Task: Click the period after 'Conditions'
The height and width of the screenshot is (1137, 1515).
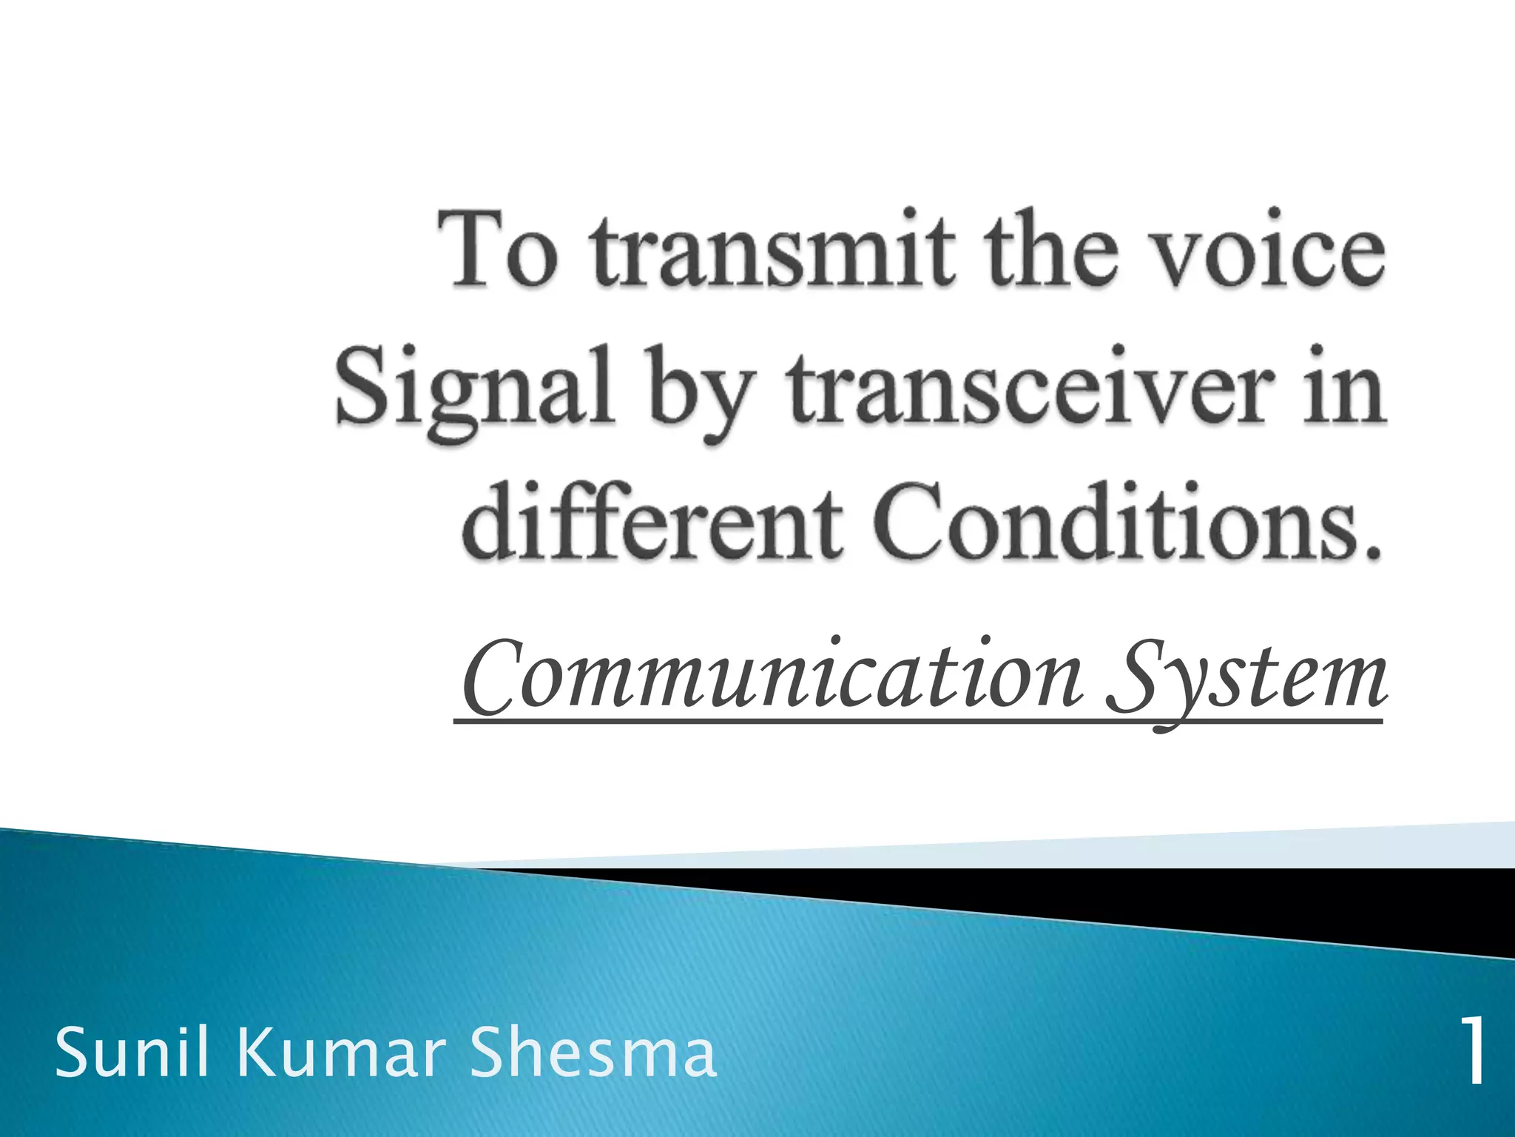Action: (1373, 552)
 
